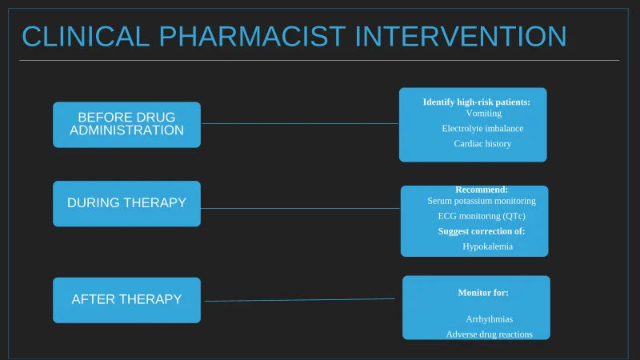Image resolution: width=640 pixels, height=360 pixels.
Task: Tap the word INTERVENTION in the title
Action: tap(461, 37)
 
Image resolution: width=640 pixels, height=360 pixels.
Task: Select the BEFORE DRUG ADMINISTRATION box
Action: tap(126, 124)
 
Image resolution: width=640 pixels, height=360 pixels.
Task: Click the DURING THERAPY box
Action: tap(126, 203)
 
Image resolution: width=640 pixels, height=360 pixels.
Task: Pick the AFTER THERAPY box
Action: tap(126, 299)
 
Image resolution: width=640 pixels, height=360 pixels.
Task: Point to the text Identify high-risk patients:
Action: tap(477, 102)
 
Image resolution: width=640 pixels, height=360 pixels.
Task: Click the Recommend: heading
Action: tap(482, 190)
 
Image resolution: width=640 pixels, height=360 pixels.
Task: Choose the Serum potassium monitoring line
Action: tap(482, 201)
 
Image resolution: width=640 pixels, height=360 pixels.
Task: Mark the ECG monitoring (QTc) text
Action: tap(482, 216)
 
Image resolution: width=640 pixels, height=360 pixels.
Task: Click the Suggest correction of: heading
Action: tap(482, 231)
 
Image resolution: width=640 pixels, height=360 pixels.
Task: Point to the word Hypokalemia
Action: tap(487, 246)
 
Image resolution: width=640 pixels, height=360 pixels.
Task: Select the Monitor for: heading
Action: tap(483, 293)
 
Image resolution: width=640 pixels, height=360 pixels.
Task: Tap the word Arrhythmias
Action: tap(489, 319)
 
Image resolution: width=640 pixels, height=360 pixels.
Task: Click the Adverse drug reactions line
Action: tap(489, 334)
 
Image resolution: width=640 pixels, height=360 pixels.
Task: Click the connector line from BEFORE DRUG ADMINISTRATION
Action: tap(300, 124)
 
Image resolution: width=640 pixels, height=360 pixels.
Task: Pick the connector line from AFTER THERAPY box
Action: tap(300, 300)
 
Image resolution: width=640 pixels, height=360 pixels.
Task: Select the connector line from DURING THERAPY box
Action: tap(300, 208)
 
